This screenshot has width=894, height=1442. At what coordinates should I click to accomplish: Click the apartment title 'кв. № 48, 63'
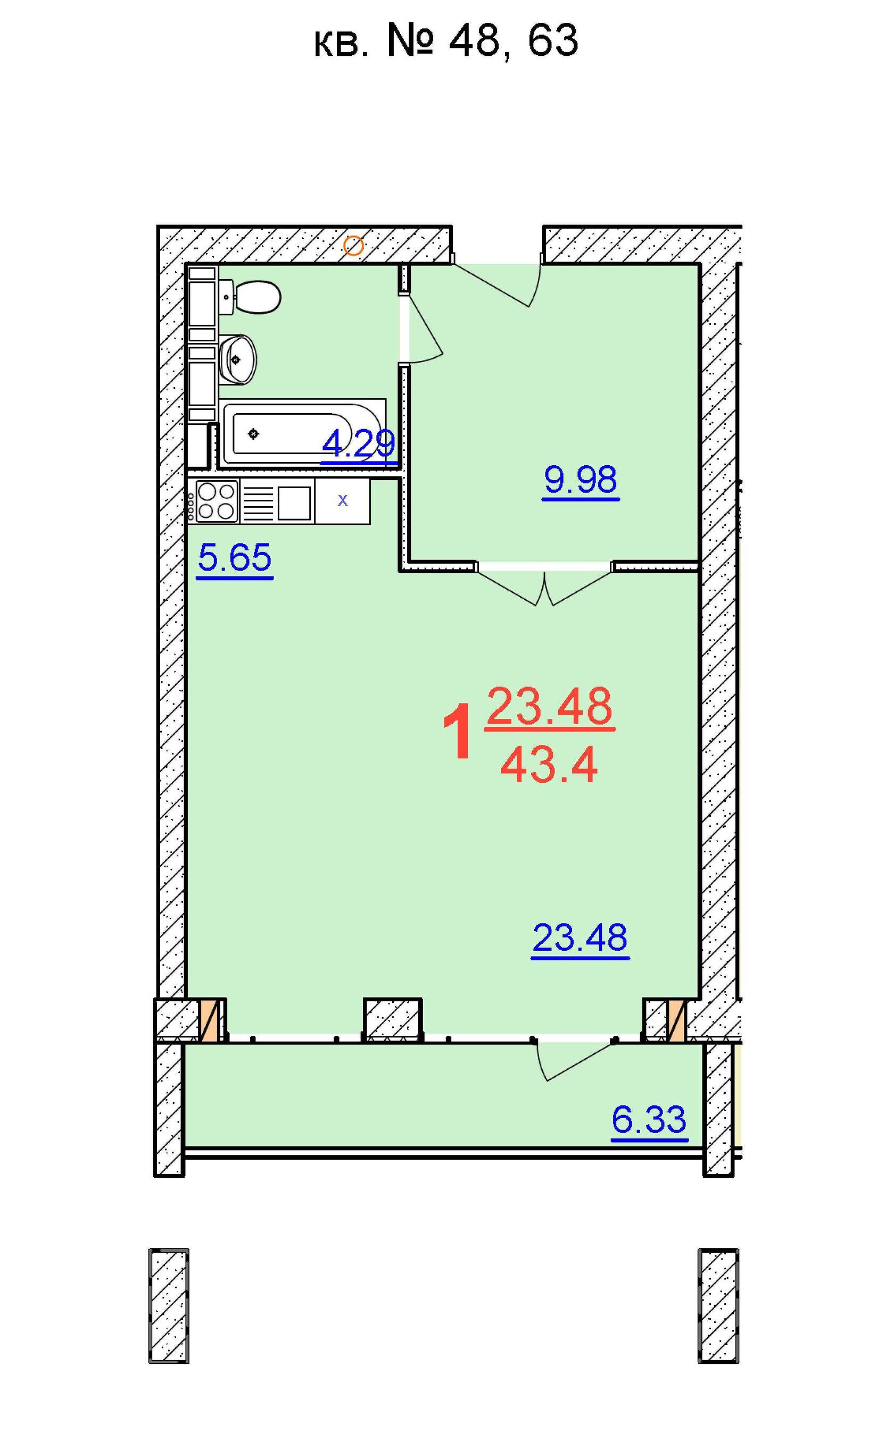pyautogui.click(x=446, y=41)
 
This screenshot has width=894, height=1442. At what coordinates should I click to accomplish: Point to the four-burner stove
pyautogui.click(x=217, y=501)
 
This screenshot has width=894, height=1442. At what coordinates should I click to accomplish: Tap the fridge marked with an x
pyautogui.click(x=343, y=501)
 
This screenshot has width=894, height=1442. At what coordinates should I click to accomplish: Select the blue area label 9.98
pyautogui.click(x=581, y=480)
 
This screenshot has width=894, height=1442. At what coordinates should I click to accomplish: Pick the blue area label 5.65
pyautogui.click(x=235, y=559)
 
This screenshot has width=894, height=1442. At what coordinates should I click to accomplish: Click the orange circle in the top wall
pyautogui.click(x=353, y=245)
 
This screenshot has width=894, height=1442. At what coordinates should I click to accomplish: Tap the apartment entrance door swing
pyautogui.click(x=502, y=285)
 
